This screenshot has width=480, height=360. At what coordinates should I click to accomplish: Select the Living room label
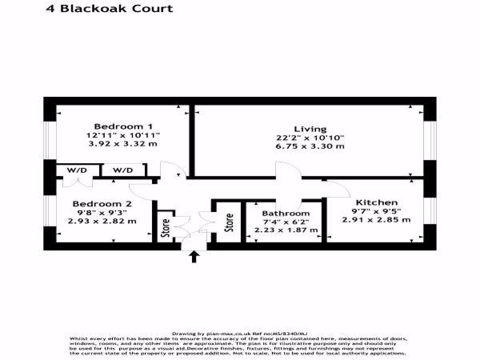tap(310, 129)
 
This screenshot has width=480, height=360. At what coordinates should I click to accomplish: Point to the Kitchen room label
tap(377, 203)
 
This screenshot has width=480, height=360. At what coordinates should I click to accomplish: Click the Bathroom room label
tap(286, 214)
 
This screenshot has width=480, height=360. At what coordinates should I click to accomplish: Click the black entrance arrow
tap(194, 256)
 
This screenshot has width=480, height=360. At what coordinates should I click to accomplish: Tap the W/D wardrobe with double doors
tap(76, 170)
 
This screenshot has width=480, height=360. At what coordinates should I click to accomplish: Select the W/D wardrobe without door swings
tap(123, 170)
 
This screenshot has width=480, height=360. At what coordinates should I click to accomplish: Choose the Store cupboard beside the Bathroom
tap(229, 222)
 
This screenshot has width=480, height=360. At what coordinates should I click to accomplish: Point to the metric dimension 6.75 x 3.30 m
tap(310, 146)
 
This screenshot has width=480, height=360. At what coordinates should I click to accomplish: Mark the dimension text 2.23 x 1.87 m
tap(286, 230)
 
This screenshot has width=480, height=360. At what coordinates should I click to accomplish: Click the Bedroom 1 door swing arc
tap(173, 170)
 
